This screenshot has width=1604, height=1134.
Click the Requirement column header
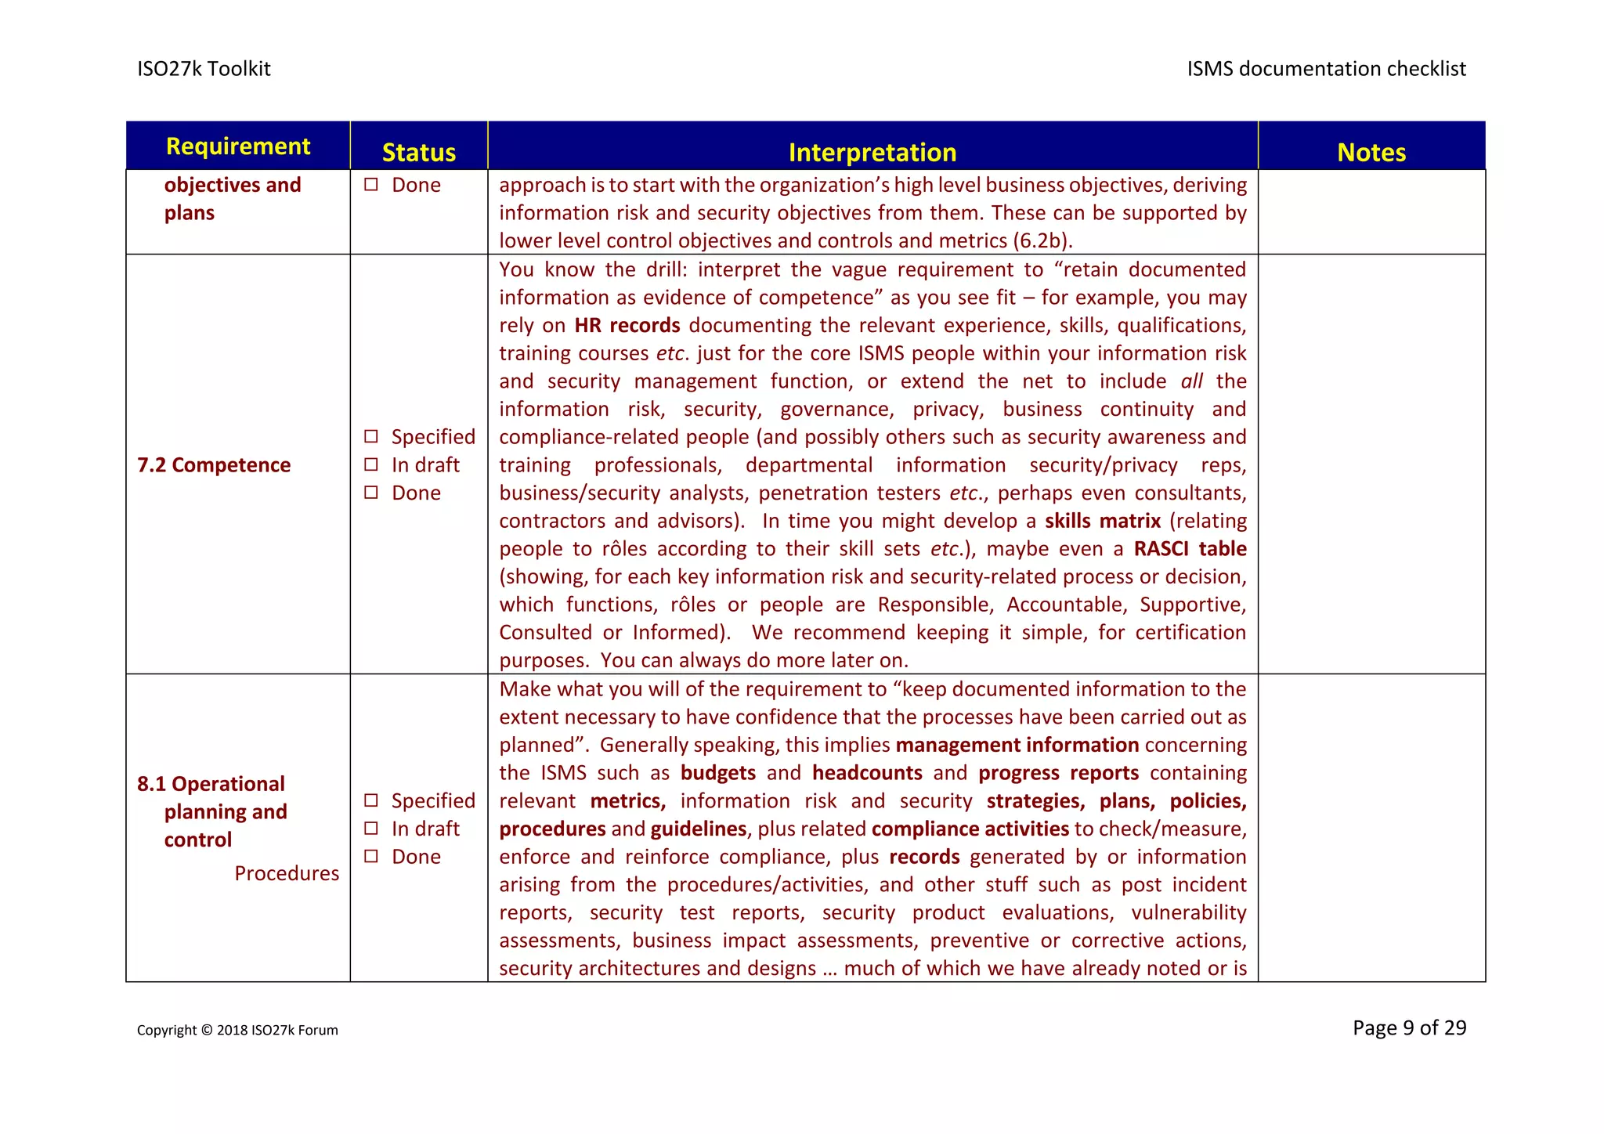[238, 146]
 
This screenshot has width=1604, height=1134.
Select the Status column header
[418, 152]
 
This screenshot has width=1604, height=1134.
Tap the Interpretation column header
[872, 152]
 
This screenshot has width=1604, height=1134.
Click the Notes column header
[1371, 152]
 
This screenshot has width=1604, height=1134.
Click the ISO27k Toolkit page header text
[204, 69]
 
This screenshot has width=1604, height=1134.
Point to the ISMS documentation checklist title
[1325, 69]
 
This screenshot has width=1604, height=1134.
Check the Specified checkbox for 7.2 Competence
[371, 436]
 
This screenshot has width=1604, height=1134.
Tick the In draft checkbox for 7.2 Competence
[371, 464]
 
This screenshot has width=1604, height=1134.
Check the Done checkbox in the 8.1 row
[371, 856]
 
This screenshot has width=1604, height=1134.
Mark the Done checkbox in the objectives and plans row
[371, 185]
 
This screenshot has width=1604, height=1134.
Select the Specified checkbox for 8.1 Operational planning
[371, 800]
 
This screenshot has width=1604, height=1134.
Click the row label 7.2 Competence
[214, 465]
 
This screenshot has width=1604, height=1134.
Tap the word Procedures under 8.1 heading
[287, 873]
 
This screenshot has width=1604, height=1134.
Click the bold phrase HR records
[627, 325]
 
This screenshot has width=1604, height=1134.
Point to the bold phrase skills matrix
[1102, 521]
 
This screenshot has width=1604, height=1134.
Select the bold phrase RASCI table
[1189, 549]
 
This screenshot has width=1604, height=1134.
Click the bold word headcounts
[866, 773]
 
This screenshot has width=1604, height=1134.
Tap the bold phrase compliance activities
[970, 829]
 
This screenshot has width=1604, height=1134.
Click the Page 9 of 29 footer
[1408, 1027]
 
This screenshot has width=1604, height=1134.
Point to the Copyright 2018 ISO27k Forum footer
[237, 1031]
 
